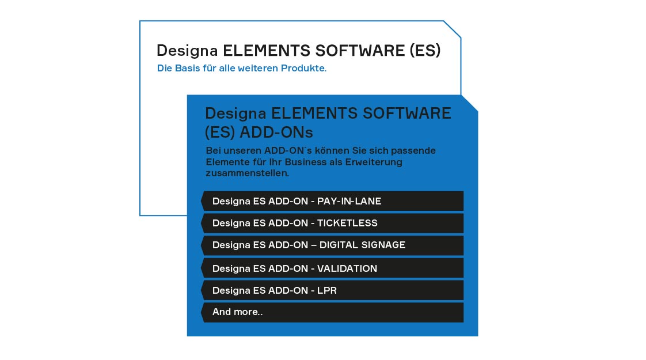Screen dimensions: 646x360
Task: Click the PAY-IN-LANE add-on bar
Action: tap(332, 201)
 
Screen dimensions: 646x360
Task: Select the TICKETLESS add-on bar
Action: tap(332, 223)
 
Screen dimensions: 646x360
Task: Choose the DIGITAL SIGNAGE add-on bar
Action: tap(332, 245)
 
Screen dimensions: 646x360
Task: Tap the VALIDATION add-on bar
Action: tap(332, 268)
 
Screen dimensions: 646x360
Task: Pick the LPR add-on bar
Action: tap(332, 290)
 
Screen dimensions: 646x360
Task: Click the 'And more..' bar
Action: tap(332, 312)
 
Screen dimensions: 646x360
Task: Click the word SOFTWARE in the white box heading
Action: tap(360, 50)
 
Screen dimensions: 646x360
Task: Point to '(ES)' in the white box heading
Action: tap(425, 51)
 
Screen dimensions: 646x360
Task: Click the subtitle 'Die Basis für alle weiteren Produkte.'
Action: tap(241, 68)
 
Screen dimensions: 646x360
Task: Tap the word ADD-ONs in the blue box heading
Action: tap(276, 132)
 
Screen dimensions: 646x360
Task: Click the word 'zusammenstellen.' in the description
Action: tap(247, 173)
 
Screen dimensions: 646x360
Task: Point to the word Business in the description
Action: tap(306, 162)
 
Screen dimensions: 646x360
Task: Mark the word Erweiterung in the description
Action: tap(374, 162)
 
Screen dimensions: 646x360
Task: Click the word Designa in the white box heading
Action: tap(187, 51)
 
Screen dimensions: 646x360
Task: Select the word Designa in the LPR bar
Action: tap(231, 291)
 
